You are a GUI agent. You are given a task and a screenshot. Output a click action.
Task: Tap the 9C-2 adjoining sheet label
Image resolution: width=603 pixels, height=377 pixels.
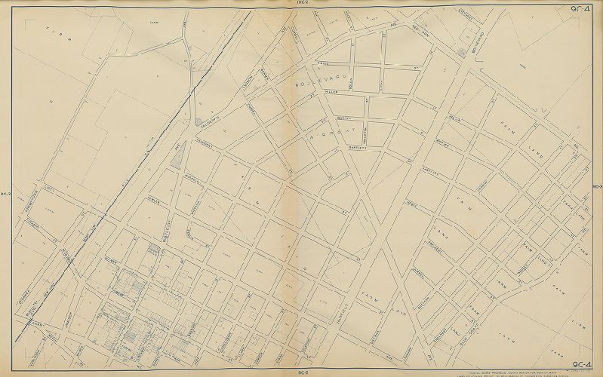[x=300, y=372]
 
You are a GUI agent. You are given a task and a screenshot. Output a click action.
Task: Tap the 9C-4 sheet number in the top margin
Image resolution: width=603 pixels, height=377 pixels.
[x=582, y=9]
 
